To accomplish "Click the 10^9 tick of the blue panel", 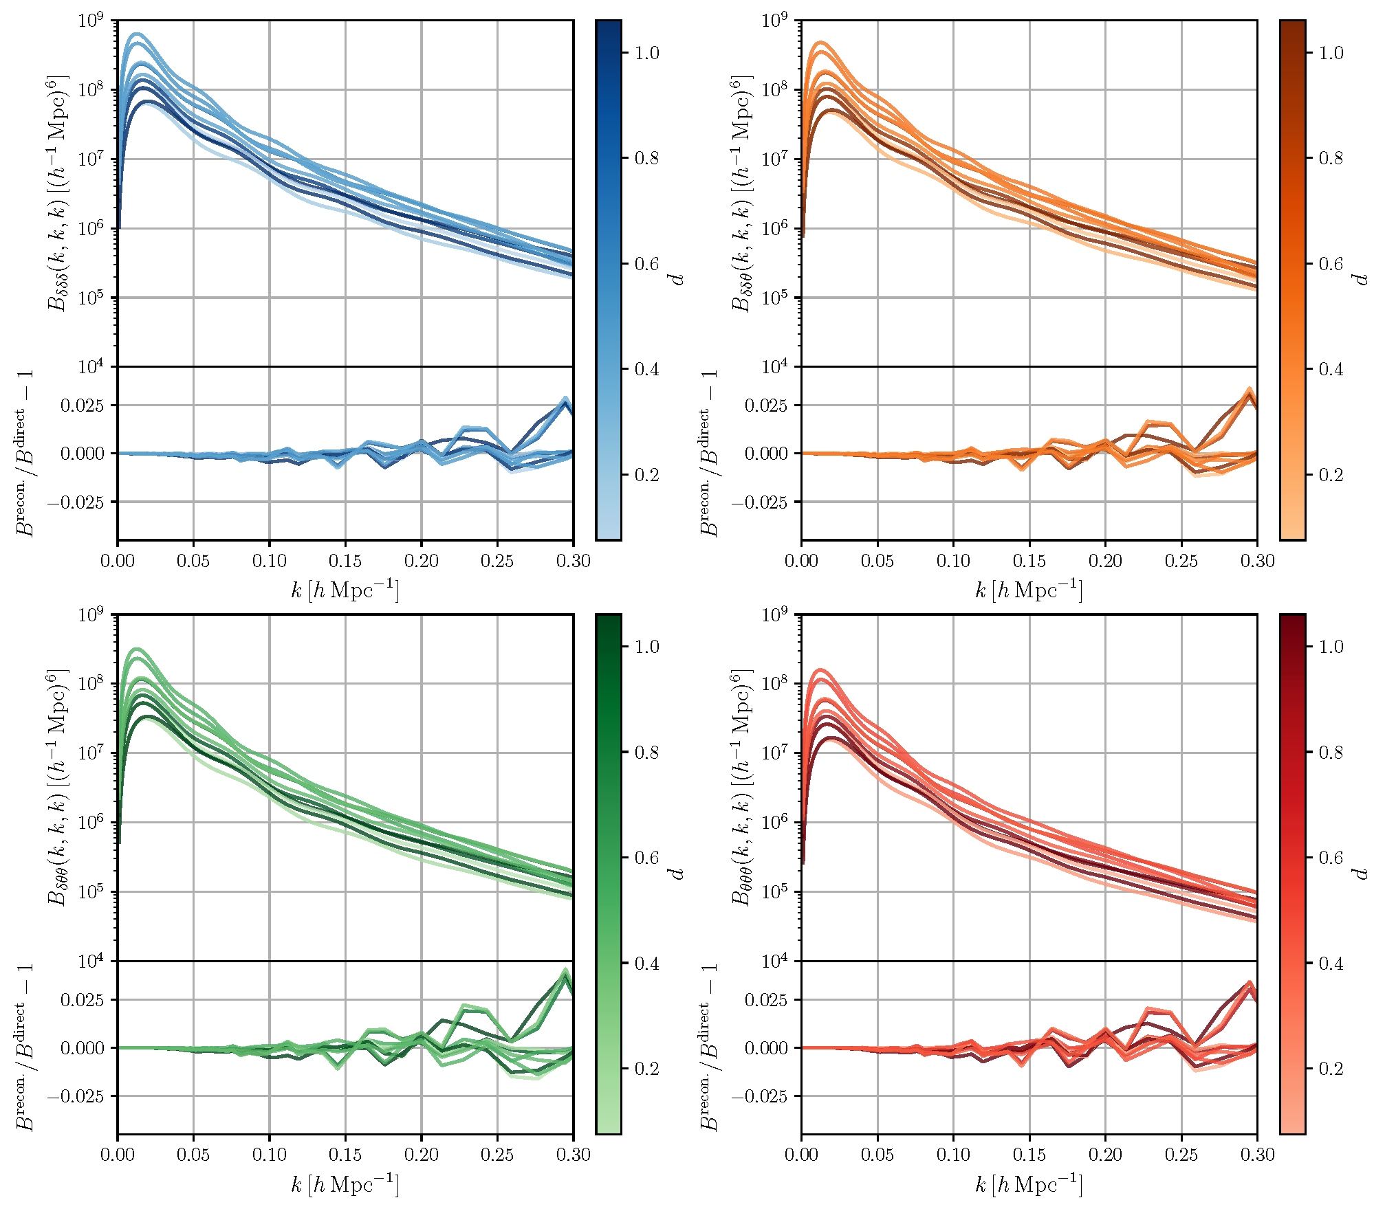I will (91, 21).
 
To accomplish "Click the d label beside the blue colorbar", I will (678, 278).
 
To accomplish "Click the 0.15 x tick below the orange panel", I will (1029, 561).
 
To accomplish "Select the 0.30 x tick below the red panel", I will (1257, 1155).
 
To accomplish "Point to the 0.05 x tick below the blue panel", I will (193, 561).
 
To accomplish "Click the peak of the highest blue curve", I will (136, 34).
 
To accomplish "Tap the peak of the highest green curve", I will (136, 649).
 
